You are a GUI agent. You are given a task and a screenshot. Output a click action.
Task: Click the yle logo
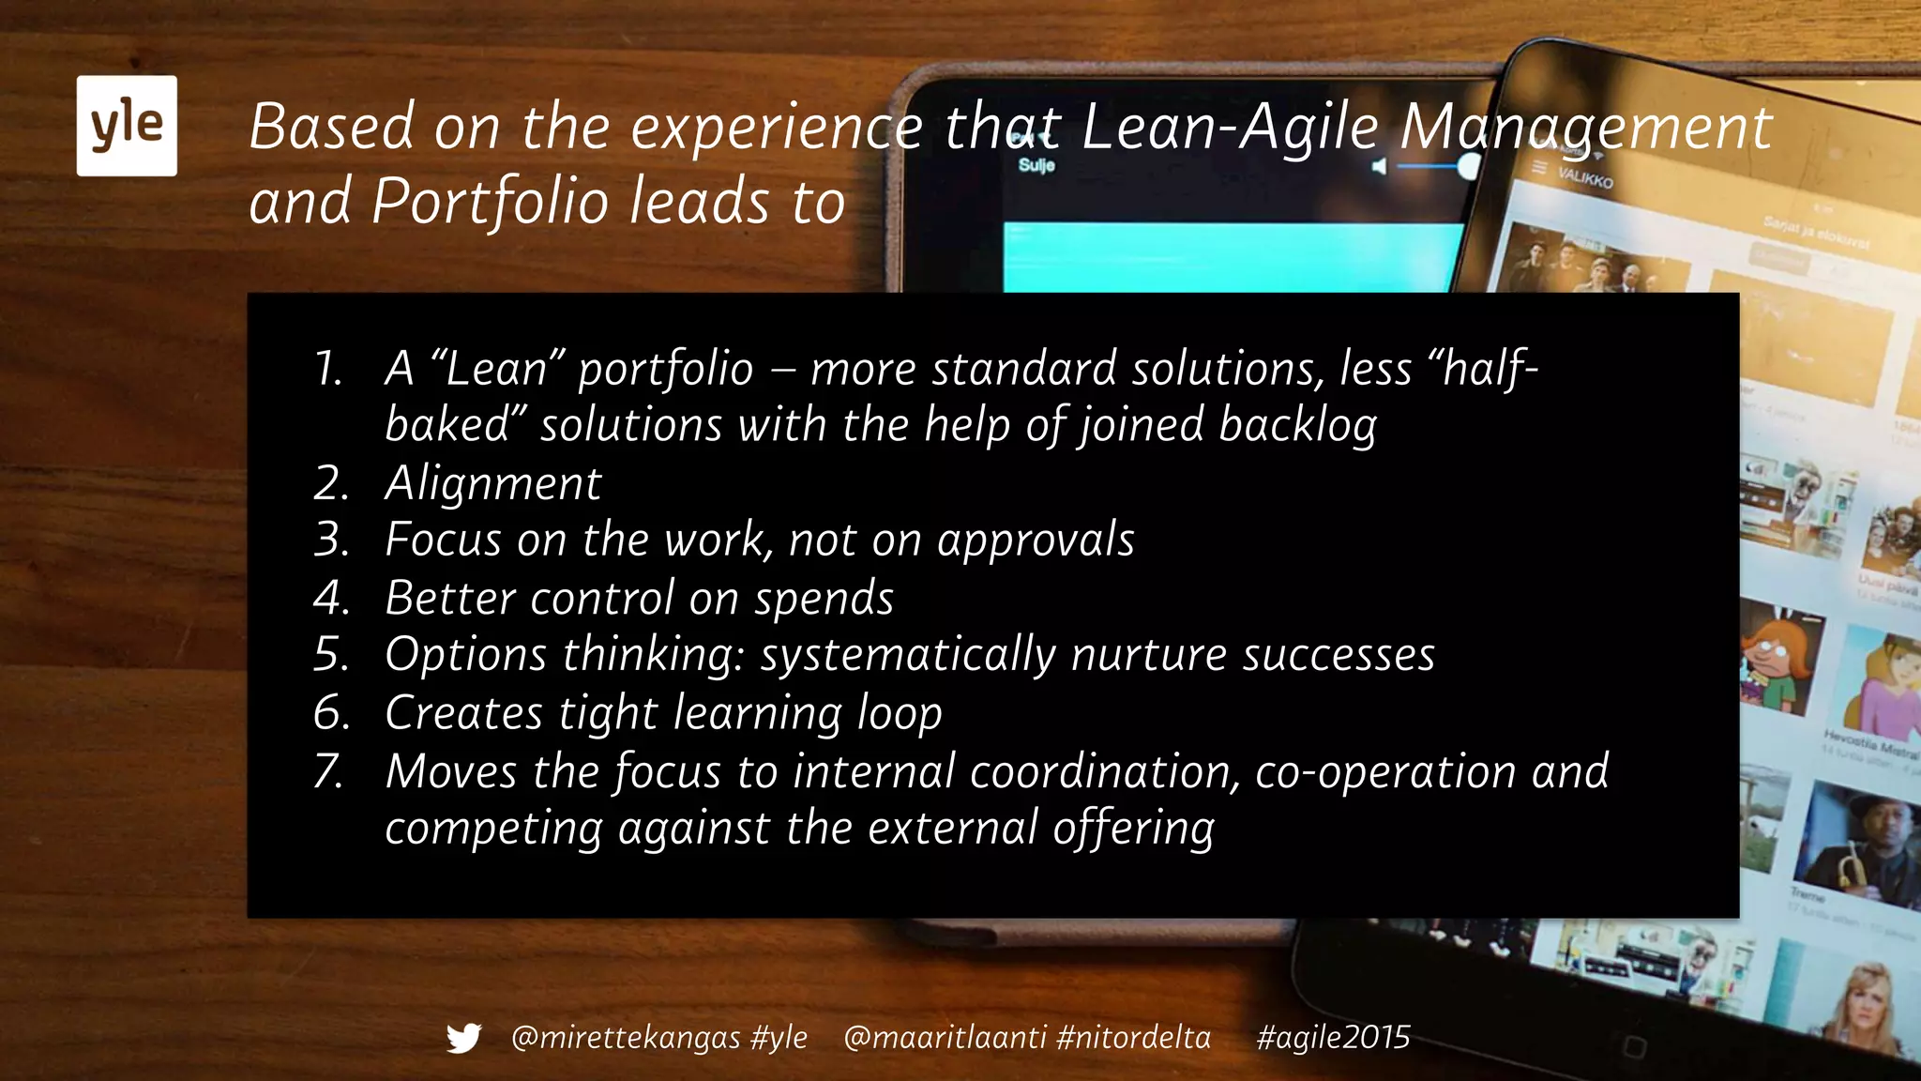127,126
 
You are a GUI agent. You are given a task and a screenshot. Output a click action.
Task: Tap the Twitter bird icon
463,1038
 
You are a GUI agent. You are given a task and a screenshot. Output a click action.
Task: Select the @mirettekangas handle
626,1038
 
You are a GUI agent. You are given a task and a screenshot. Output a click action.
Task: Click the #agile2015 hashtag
1333,1038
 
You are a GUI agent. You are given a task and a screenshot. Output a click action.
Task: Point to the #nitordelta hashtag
1133,1038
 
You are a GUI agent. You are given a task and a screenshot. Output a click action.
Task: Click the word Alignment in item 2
493,484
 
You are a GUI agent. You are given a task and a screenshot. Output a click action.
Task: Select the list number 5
330,655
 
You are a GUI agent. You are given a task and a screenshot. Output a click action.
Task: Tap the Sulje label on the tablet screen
1036,165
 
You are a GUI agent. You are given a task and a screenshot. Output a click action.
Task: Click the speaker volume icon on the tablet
1378,167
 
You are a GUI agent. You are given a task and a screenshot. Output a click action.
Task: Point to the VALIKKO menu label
1585,176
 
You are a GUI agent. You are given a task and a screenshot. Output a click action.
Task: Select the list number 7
329,772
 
